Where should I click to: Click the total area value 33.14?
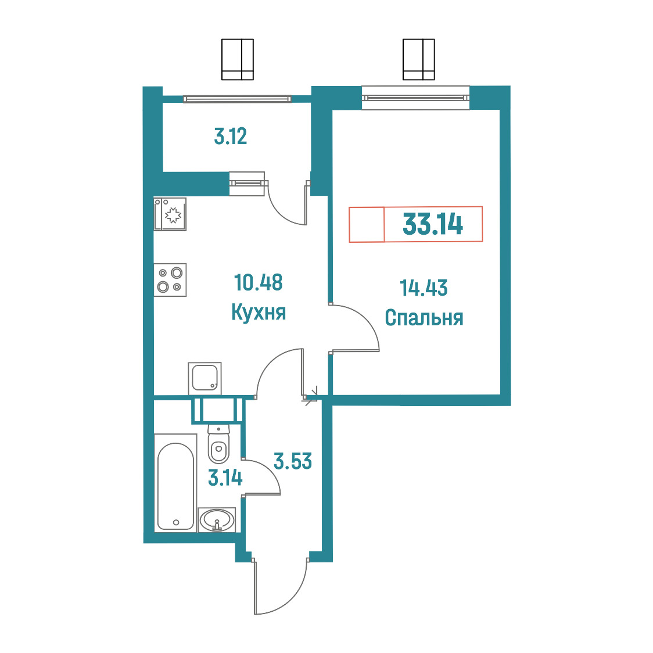click(x=433, y=224)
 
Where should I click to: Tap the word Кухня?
click(x=259, y=312)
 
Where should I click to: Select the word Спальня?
click(x=424, y=318)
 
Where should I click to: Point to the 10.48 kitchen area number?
click(x=258, y=282)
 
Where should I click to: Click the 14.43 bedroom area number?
click(x=424, y=288)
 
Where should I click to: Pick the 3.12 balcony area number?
click(x=230, y=136)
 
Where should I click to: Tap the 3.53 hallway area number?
click(x=293, y=461)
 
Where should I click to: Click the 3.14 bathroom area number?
click(x=225, y=478)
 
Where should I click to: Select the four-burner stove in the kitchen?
click(x=170, y=280)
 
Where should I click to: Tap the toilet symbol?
click(x=218, y=444)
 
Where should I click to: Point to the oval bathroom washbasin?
click(x=217, y=520)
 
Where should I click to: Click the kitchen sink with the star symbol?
click(x=170, y=214)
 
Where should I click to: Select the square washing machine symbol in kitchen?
click(x=204, y=378)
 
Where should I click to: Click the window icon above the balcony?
click(x=238, y=60)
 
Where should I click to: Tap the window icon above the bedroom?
click(x=418, y=60)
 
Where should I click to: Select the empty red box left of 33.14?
click(x=367, y=224)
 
